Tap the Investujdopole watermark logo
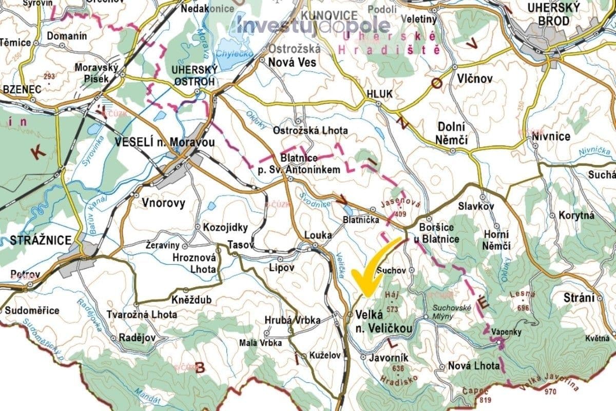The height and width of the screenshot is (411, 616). [313, 25]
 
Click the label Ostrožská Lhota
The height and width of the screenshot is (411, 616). [310, 130]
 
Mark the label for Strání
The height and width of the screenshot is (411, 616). [580, 298]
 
